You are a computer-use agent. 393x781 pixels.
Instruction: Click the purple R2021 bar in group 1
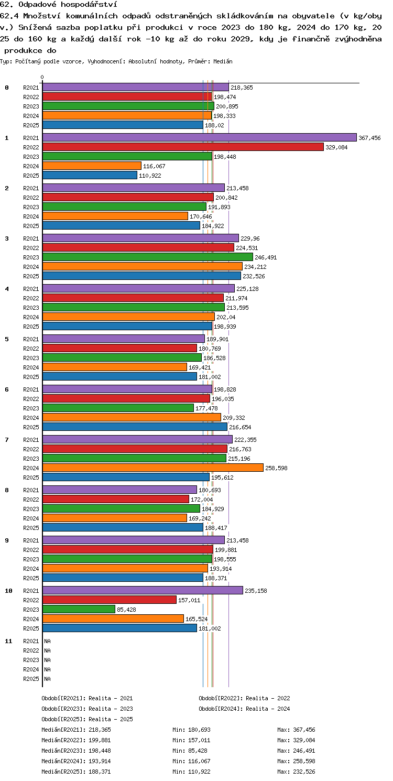pos(199,137)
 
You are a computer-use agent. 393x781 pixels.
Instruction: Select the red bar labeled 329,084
pos(183,147)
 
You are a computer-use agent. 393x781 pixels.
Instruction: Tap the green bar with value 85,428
pos(79,609)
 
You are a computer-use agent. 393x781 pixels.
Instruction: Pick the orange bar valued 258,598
pos(153,468)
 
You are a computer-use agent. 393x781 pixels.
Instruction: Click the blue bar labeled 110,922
pos(90,175)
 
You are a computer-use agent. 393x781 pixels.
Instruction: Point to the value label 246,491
pos(266,257)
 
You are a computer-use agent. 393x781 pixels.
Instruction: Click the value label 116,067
pos(154,166)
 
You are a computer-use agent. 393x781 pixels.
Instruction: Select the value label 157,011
pos(189,600)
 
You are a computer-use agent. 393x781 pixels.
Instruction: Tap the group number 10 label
pos(8,591)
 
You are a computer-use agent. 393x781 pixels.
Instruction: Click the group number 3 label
pos(7,238)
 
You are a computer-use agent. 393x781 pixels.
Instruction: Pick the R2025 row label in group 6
pos(31,427)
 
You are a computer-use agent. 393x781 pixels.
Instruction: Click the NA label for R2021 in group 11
pos(47,641)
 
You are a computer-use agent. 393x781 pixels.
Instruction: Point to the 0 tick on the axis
pos(42,77)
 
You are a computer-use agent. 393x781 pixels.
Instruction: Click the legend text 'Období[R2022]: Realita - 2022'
pos(244,698)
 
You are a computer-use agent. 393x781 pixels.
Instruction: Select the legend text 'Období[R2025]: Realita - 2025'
pos(87,719)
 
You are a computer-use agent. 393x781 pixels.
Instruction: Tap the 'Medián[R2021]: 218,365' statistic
pos(76,730)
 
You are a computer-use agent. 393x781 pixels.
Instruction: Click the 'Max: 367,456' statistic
pos(296,730)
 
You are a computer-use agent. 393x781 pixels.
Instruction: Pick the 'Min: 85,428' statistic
pos(190,750)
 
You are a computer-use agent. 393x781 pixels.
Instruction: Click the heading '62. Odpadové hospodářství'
pos(59,5)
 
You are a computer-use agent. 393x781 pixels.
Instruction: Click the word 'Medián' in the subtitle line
pos(223,61)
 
